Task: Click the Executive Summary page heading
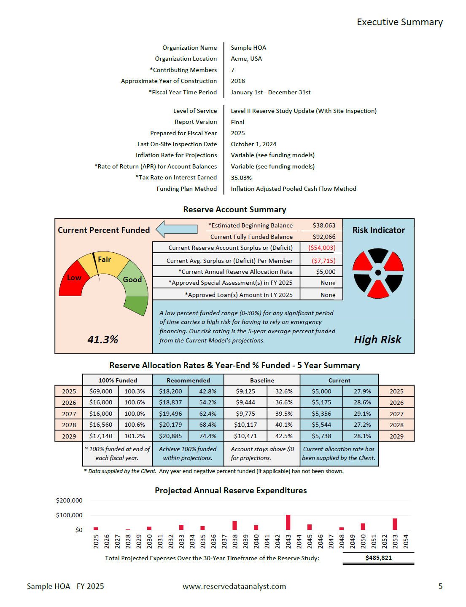click(399, 22)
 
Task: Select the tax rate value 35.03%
click(241, 178)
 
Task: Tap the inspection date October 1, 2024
click(253, 144)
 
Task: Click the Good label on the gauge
click(132, 280)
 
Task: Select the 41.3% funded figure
click(102, 340)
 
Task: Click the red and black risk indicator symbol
click(378, 273)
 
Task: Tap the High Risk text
click(377, 340)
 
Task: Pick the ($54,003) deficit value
click(321, 248)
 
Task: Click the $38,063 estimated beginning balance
click(324, 225)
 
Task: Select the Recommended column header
click(188, 380)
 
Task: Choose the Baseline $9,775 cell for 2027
click(245, 414)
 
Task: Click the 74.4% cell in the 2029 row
click(207, 436)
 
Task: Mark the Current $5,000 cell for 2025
click(321, 391)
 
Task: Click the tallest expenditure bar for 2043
click(288, 522)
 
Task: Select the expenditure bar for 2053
click(395, 524)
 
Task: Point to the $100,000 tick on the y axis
click(69, 515)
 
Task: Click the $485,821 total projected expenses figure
click(378, 558)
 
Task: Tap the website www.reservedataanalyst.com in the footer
click(234, 586)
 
